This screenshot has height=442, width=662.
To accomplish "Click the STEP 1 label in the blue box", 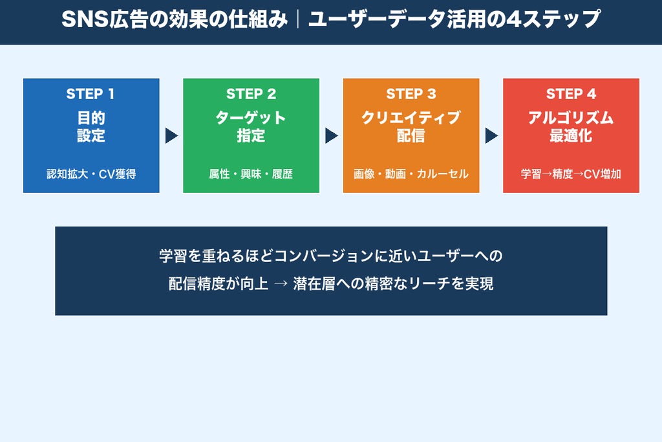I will click(x=91, y=94).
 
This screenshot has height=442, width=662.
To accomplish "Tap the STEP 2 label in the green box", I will click(x=251, y=94).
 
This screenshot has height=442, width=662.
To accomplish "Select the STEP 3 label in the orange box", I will click(x=411, y=94).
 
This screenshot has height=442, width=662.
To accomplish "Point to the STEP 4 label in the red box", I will click(x=571, y=94).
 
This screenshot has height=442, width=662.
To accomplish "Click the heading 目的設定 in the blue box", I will click(x=91, y=127).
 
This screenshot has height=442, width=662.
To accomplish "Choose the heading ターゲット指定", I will click(x=251, y=127).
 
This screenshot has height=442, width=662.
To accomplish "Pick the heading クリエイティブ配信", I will click(x=411, y=127).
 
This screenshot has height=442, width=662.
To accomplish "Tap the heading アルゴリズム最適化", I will click(x=571, y=127).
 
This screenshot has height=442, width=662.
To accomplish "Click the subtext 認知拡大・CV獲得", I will click(x=91, y=174).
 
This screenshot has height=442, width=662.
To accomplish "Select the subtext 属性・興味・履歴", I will click(x=251, y=174).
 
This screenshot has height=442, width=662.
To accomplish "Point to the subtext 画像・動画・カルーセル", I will click(x=411, y=174).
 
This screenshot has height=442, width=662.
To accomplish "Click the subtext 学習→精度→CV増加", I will click(x=571, y=174).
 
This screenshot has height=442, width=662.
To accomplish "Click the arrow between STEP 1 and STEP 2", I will click(x=171, y=136).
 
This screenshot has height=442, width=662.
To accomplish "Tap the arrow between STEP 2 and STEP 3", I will click(x=331, y=136).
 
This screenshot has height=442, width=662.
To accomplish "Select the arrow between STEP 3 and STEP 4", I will click(x=491, y=136).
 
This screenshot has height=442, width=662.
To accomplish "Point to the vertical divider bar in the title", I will click(x=298, y=20).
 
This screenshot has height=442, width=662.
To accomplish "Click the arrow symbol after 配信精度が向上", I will click(x=280, y=284).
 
